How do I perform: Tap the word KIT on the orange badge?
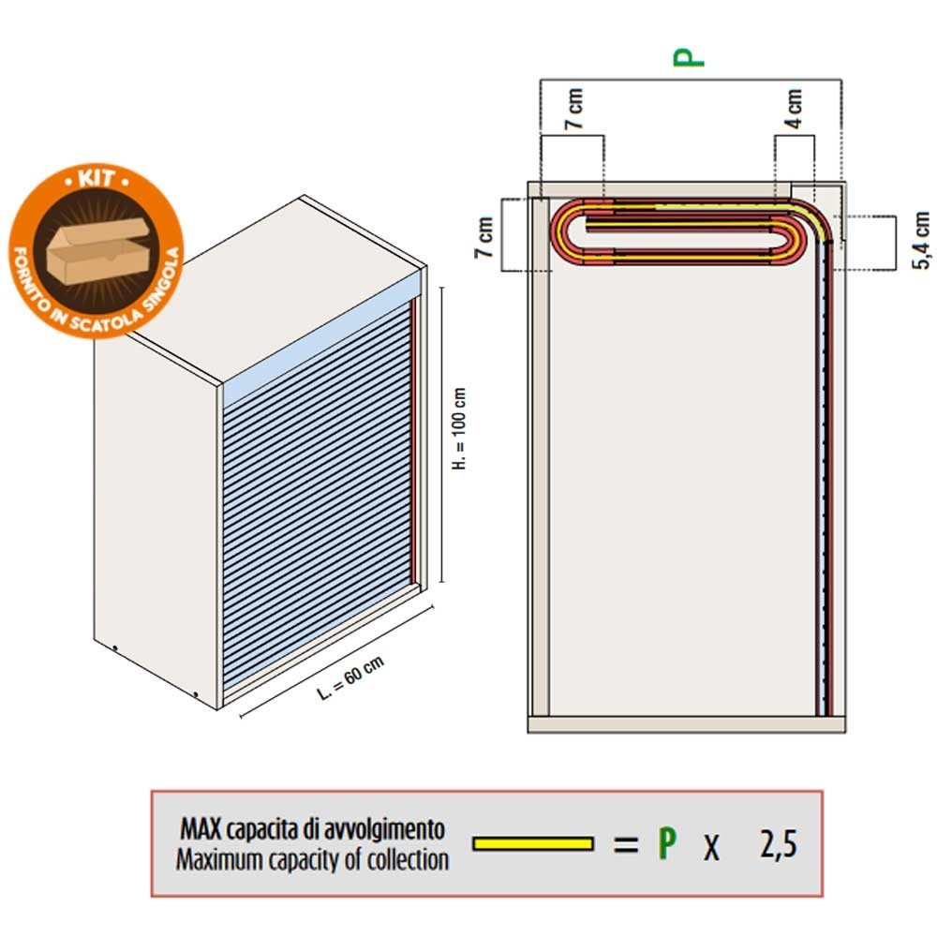click(x=97, y=178)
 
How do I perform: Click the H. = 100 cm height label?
click(x=459, y=428)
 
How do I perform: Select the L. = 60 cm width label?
click(x=350, y=677)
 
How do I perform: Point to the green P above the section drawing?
click(x=689, y=57)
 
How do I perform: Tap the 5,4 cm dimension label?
click(x=921, y=240)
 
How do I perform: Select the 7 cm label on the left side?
click(x=484, y=237)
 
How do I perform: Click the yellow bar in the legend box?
click(x=533, y=843)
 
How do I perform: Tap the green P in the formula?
click(x=667, y=843)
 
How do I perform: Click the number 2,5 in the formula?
click(x=779, y=844)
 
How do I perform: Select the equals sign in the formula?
click(x=626, y=844)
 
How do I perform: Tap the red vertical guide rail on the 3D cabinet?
click(x=413, y=441)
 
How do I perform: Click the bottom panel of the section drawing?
click(x=687, y=724)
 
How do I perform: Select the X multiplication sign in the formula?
click(x=711, y=847)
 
